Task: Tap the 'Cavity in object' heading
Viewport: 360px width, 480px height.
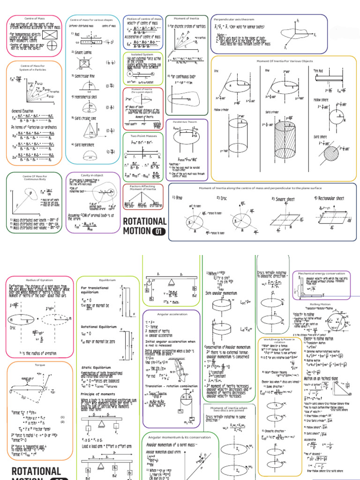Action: [x=91, y=175]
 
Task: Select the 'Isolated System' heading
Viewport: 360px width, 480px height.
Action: [x=143, y=54]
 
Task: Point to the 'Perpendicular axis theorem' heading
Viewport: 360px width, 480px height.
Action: [x=234, y=20]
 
